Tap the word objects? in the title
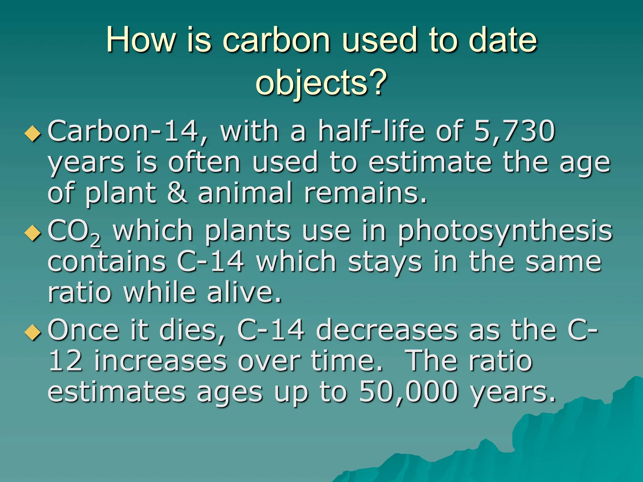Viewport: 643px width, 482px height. (321, 82)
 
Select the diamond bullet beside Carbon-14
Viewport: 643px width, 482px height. (33, 134)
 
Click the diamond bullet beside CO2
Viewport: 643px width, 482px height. (33, 234)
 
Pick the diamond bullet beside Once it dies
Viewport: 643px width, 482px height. (33, 333)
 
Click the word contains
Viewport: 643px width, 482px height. (107, 262)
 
